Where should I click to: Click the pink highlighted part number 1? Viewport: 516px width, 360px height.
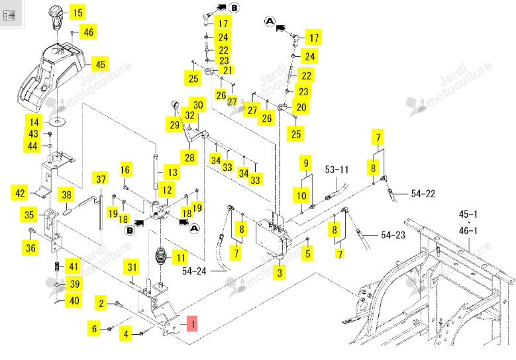192,324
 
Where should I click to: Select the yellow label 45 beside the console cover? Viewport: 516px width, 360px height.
100,64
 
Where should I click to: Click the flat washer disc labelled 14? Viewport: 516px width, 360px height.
58,122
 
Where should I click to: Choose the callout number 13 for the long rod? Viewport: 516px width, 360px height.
172,173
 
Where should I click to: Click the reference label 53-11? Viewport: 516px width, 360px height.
336,169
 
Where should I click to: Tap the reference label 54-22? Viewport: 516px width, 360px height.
423,194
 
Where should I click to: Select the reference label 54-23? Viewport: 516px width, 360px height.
393,235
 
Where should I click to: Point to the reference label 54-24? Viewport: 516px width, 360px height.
194,271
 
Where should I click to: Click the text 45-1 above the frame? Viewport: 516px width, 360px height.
468,214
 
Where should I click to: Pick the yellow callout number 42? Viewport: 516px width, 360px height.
20,193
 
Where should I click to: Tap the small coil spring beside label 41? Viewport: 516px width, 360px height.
57,266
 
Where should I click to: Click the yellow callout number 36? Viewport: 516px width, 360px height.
30,247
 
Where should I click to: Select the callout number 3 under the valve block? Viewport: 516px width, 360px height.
280,273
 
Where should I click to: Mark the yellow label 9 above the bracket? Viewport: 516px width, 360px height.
306,163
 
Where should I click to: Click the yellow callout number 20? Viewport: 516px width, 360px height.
301,107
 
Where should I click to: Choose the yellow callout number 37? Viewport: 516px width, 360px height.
101,179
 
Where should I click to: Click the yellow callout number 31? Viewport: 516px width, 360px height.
132,267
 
